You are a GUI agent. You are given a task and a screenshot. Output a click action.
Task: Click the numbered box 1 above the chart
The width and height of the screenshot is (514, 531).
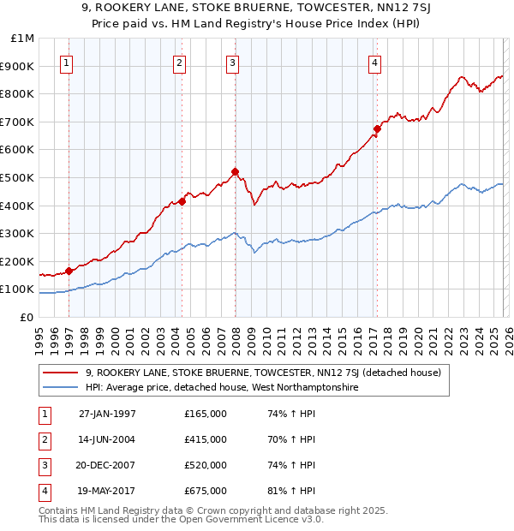click(x=67, y=62)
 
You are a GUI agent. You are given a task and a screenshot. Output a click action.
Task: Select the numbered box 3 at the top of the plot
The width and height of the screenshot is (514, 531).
click(x=233, y=62)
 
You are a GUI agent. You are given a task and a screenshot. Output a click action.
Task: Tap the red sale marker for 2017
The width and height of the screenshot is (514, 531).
click(x=376, y=129)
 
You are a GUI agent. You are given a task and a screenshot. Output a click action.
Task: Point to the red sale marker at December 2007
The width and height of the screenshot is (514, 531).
click(x=235, y=171)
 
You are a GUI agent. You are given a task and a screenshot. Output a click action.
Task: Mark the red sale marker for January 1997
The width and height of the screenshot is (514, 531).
click(x=69, y=271)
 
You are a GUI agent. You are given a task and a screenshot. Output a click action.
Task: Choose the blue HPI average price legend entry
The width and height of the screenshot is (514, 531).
click(x=220, y=387)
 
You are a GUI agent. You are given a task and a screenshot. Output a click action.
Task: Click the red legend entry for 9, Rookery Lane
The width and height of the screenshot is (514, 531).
click(x=263, y=373)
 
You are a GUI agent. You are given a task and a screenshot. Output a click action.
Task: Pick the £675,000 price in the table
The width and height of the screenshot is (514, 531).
click(x=206, y=491)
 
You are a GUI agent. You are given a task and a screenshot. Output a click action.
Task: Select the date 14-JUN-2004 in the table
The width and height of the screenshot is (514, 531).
click(x=107, y=439)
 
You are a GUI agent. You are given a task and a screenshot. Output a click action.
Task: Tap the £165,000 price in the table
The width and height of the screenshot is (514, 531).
click(x=206, y=414)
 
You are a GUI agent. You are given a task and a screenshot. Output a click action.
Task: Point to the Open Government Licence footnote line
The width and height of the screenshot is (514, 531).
click(x=181, y=520)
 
